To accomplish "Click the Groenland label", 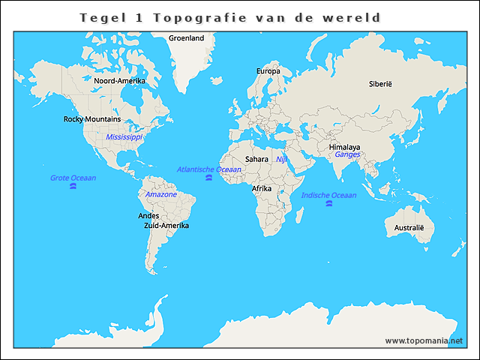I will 187,37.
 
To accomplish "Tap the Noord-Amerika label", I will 119,80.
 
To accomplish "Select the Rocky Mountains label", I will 92,119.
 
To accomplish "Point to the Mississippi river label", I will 124,137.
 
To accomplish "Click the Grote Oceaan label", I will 73,178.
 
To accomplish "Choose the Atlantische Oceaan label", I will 209,169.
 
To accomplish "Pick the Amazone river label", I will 161,194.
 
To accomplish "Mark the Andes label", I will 148,215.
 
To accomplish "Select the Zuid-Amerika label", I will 166,225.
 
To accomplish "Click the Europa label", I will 268,71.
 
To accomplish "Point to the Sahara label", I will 257,159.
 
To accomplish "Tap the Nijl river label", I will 281,159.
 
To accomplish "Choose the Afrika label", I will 262,188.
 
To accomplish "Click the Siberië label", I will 380,84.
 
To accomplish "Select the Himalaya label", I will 344,147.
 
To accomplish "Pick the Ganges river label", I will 348,154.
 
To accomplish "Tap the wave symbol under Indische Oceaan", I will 328,204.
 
